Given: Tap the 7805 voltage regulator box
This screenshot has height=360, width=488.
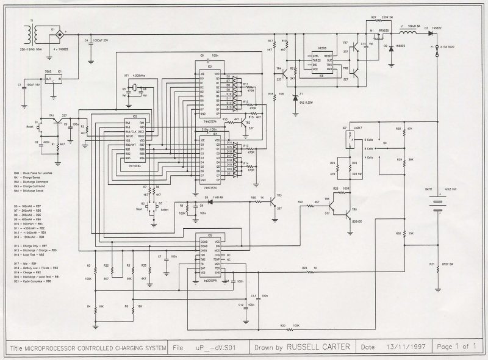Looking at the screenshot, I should point(53,79).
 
